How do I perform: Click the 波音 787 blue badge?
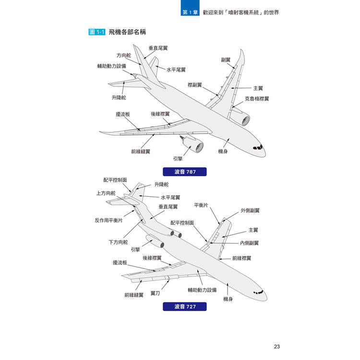pos(185,172)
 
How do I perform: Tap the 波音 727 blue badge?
pos(185,307)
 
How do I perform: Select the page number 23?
pos(276,347)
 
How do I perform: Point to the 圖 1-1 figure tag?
pos(97,32)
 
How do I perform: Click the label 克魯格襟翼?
pos(257,99)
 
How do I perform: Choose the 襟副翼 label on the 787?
pos(195,85)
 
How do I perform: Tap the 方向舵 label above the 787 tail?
pos(124,55)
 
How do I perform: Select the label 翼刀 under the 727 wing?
pos(155,293)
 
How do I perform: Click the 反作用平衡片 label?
pos(108,220)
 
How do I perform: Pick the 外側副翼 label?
pos(250,211)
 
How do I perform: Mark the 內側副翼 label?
pos(249,243)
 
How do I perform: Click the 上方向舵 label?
pos(106,193)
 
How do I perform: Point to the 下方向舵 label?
pos(118,242)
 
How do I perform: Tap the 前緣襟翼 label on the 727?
pos(242,258)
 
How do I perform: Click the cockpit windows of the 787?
pos(258,147)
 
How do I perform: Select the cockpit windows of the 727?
pos(259,292)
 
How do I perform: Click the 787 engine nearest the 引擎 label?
pos(194,144)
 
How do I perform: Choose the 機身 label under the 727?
pos(228,299)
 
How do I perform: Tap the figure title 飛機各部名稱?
pos(127,32)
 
